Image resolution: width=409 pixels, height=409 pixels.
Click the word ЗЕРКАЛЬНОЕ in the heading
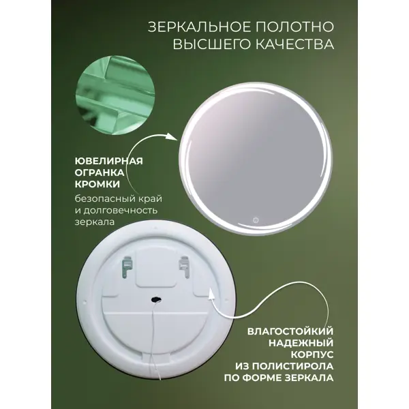pos(199,27)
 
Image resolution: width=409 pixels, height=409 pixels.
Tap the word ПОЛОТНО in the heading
pos(294,27)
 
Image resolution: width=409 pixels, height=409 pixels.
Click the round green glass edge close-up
pos(115,95)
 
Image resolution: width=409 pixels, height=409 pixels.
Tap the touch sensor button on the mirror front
pos(256,220)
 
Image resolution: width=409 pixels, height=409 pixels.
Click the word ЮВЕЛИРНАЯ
pos(109,161)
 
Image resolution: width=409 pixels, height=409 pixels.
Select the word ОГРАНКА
pos(100,172)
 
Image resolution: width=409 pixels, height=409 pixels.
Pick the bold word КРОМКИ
pos(97,184)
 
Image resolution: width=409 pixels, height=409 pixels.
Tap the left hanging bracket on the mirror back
pos(127,267)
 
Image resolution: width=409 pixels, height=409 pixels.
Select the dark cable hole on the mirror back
pos(157,300)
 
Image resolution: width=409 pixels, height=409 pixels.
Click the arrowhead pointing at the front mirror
pos(172,137)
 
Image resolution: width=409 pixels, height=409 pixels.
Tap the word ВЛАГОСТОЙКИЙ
pos(290,331)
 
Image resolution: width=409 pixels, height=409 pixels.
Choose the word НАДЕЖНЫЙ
pos(301,343)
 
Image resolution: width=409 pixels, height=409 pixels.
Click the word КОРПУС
pos(312,354)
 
